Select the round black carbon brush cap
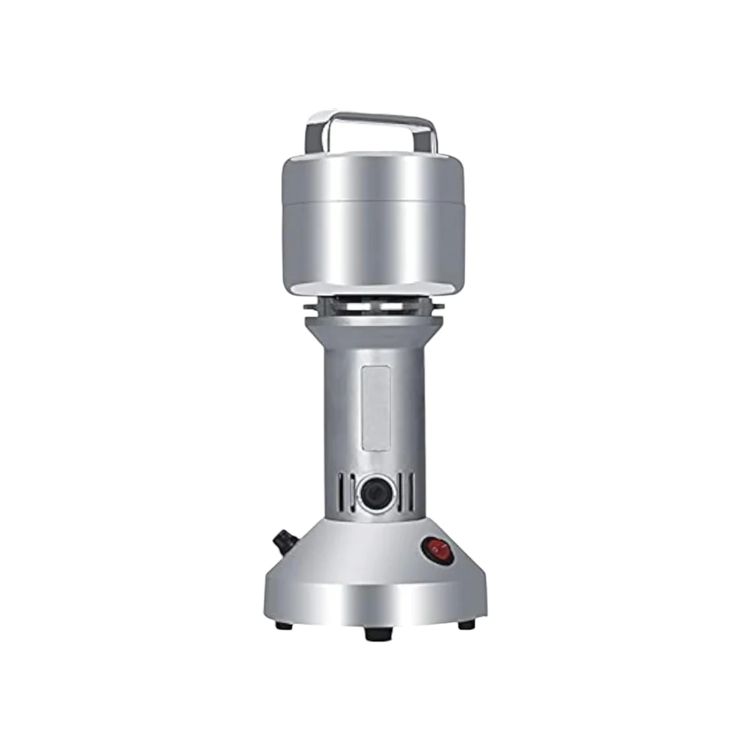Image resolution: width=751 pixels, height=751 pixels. coord(375,493)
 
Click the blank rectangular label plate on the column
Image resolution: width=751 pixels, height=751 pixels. coord(375,408)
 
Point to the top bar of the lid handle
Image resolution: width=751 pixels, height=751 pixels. coord(372,119)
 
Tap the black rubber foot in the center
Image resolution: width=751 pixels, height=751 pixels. coord(378,633)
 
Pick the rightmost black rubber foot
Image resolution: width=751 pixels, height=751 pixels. coord(466,624)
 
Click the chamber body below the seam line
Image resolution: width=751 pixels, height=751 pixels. coord(373,244)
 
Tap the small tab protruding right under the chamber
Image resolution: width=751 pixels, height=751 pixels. coord(439,306)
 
